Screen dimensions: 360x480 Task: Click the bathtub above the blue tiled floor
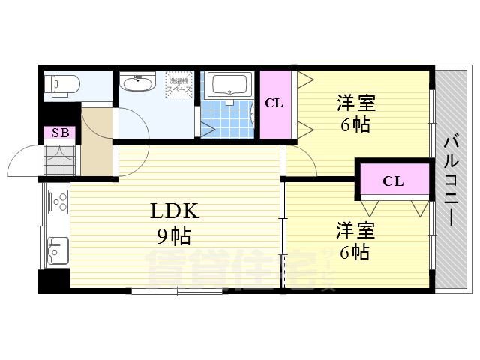click(x=230, y=87)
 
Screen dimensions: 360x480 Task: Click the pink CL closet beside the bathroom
click(x=274, y=103)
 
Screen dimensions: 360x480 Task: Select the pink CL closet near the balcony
click(x=393, y=181)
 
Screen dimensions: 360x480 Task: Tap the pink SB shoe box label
click(x=59, y=133)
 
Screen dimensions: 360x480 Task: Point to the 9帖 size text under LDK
click(x=173, y=237)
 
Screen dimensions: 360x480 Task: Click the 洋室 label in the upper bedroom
click(x=355, y=101)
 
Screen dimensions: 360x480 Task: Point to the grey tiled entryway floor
click(x=60, y=159)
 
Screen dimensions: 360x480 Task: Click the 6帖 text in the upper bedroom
click(x=355, y=124)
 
